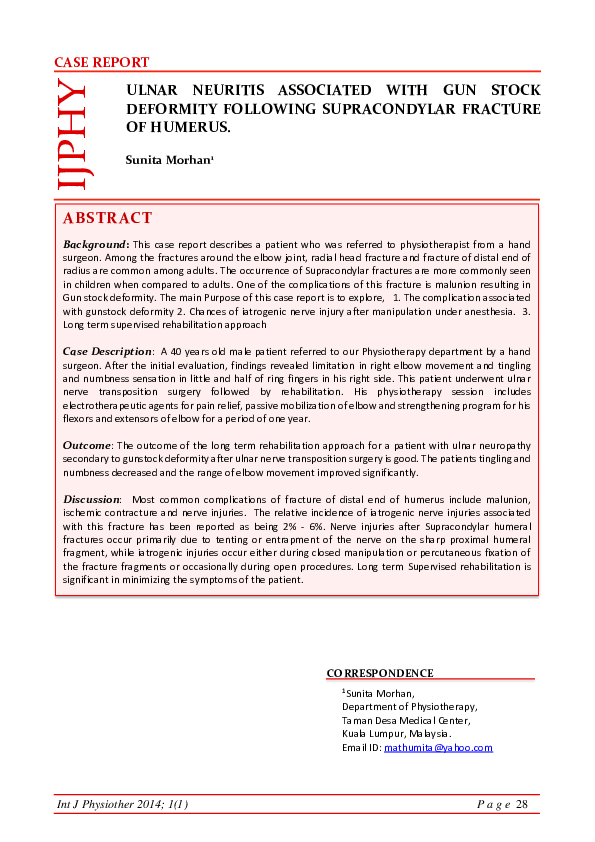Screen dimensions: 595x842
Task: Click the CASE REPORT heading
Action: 101,63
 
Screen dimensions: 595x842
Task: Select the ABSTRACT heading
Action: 107,218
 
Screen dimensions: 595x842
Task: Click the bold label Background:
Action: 96,244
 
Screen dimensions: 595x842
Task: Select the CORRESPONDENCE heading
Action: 380,674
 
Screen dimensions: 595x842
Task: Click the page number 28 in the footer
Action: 521,806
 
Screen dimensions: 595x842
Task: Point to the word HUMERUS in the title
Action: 191,128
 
